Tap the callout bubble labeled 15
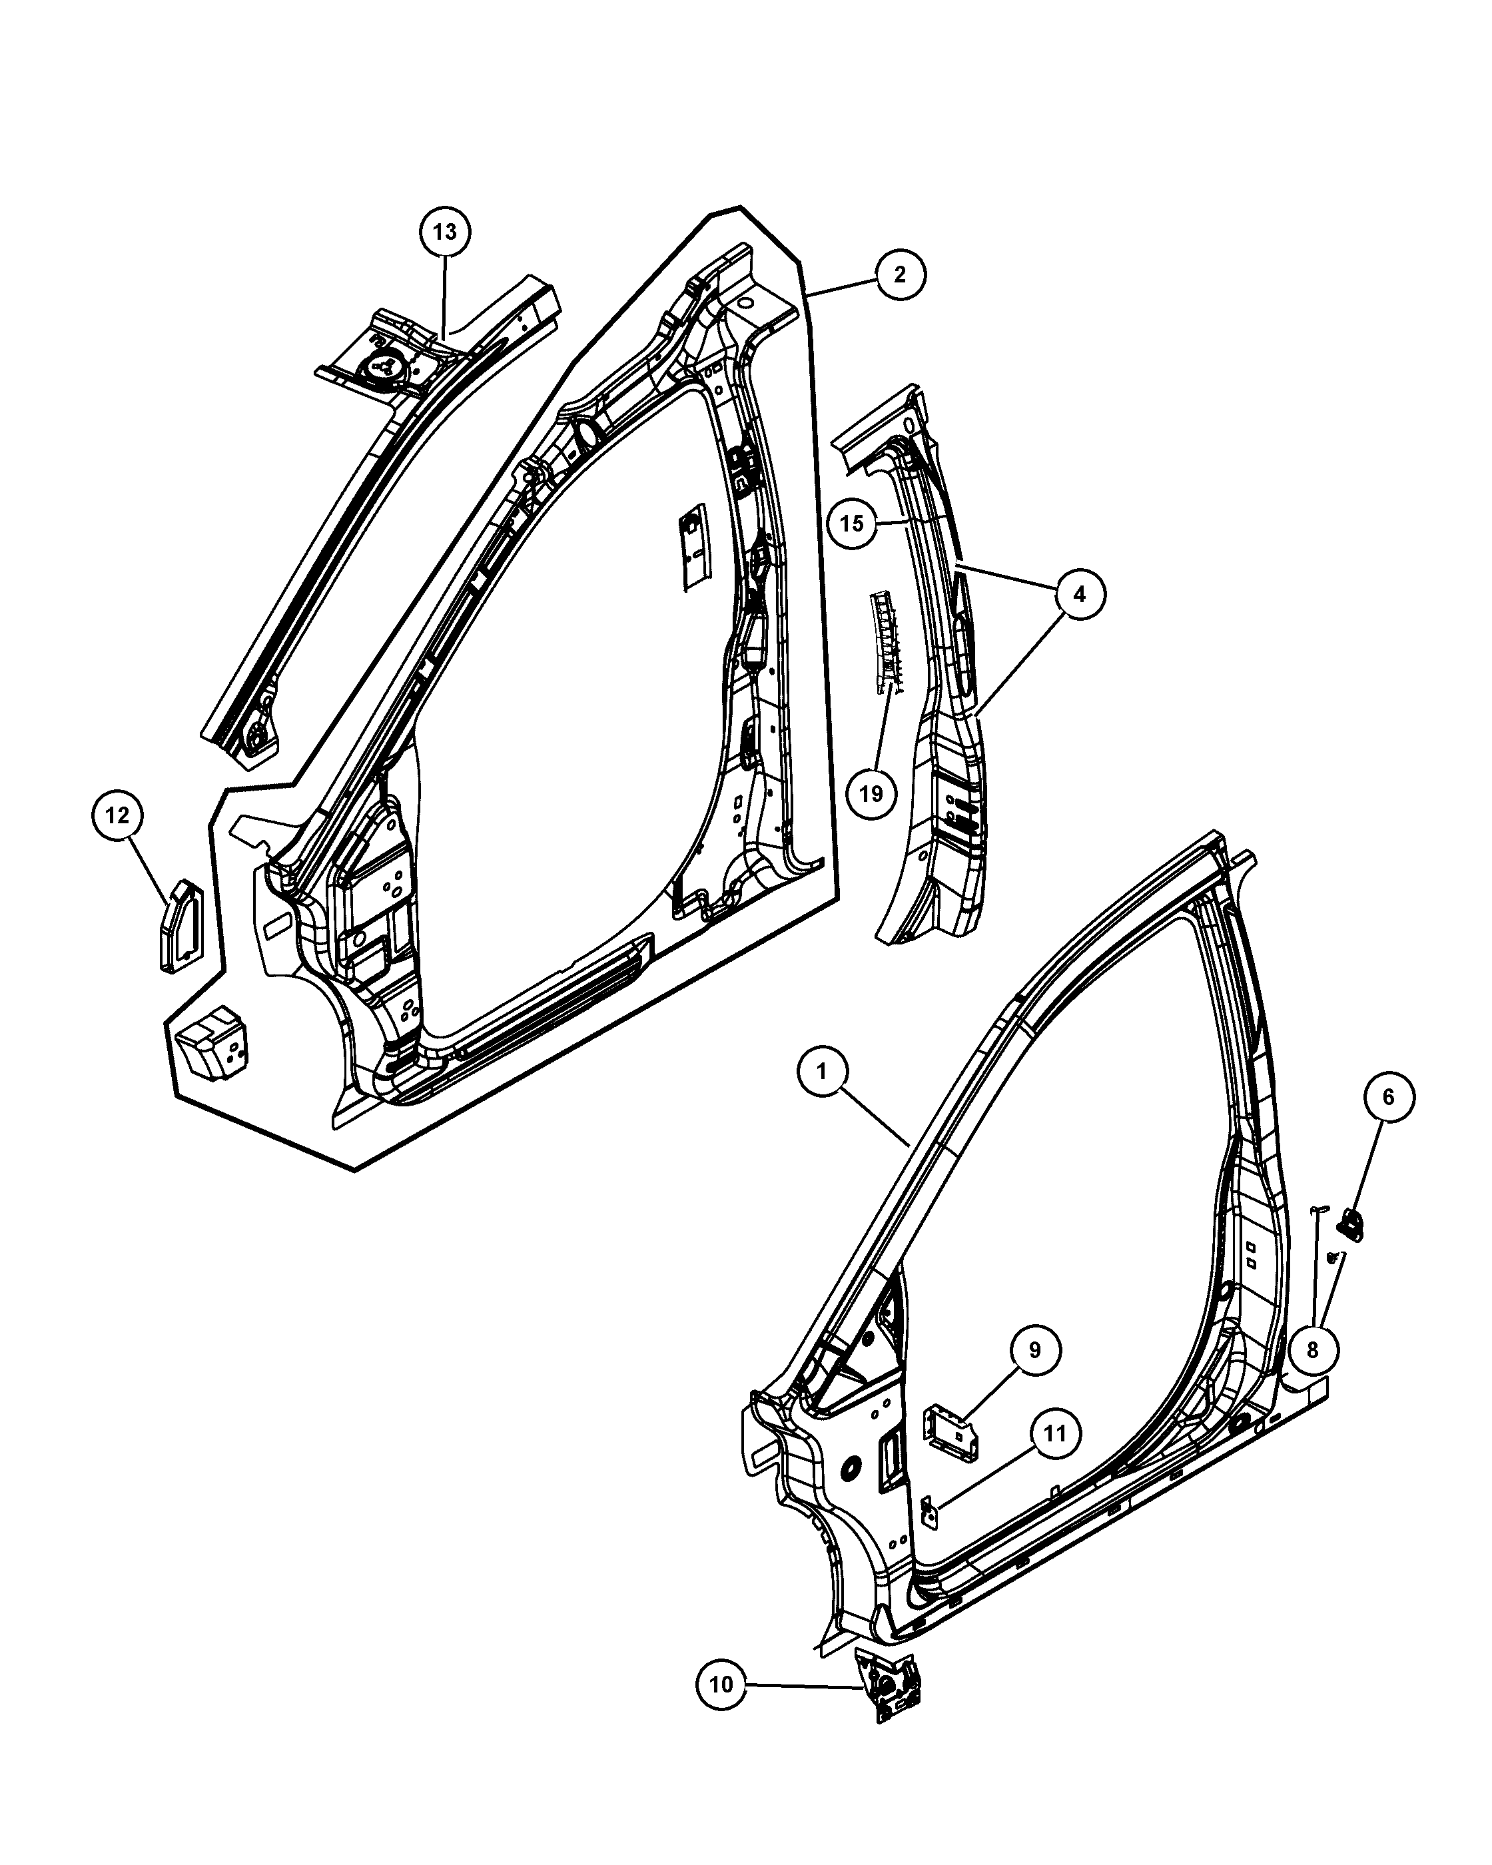[x=852, y=522]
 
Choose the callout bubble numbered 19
[x=871, y=793]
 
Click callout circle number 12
[x=118, y=815]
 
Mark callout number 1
[x=822, y=1072]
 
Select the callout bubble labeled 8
[x=1312, y=1349]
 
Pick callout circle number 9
[x=1034, y=1349]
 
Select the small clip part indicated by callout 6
[x=1350, y=1225]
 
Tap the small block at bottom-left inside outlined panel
[x=212, y=1043]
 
